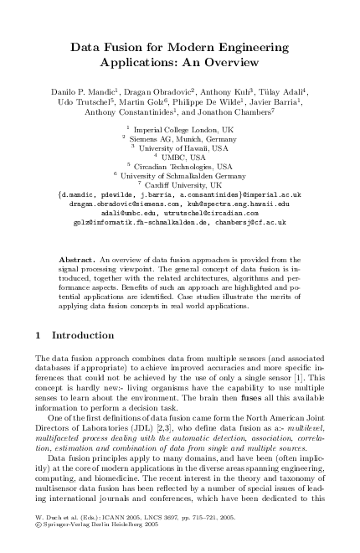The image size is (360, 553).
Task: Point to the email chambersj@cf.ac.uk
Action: (249, 222)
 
